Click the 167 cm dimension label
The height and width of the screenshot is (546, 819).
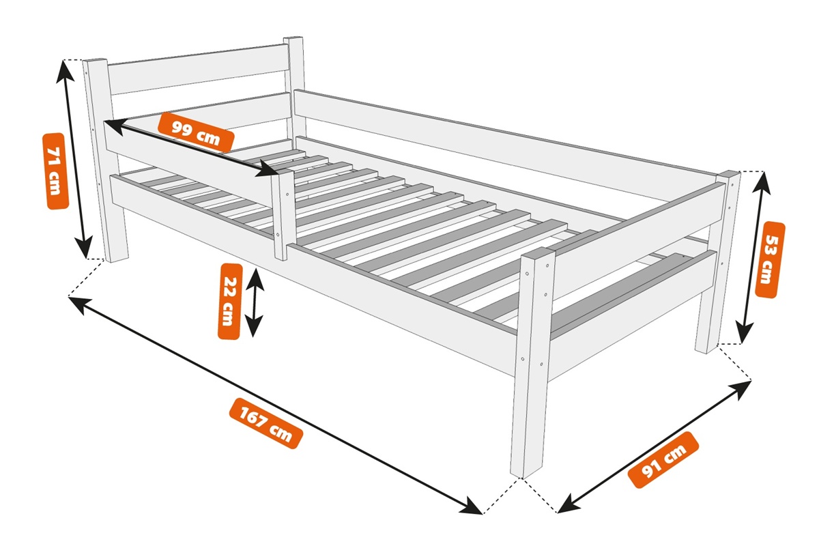(265, 422)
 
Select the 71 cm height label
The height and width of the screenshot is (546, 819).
(55, 171)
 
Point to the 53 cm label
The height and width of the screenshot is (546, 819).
(771, 259)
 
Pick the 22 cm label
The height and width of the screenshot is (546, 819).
(230, 302)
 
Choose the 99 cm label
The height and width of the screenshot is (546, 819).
(196, 132)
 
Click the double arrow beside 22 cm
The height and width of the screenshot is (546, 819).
(254, 302)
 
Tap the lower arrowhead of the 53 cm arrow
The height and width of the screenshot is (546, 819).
(744, 334)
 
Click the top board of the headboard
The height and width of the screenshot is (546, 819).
(197, 70)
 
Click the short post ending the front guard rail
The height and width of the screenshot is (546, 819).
(284, 216)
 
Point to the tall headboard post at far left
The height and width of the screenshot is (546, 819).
(104, 160)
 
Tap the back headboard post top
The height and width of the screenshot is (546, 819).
(294, 40)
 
